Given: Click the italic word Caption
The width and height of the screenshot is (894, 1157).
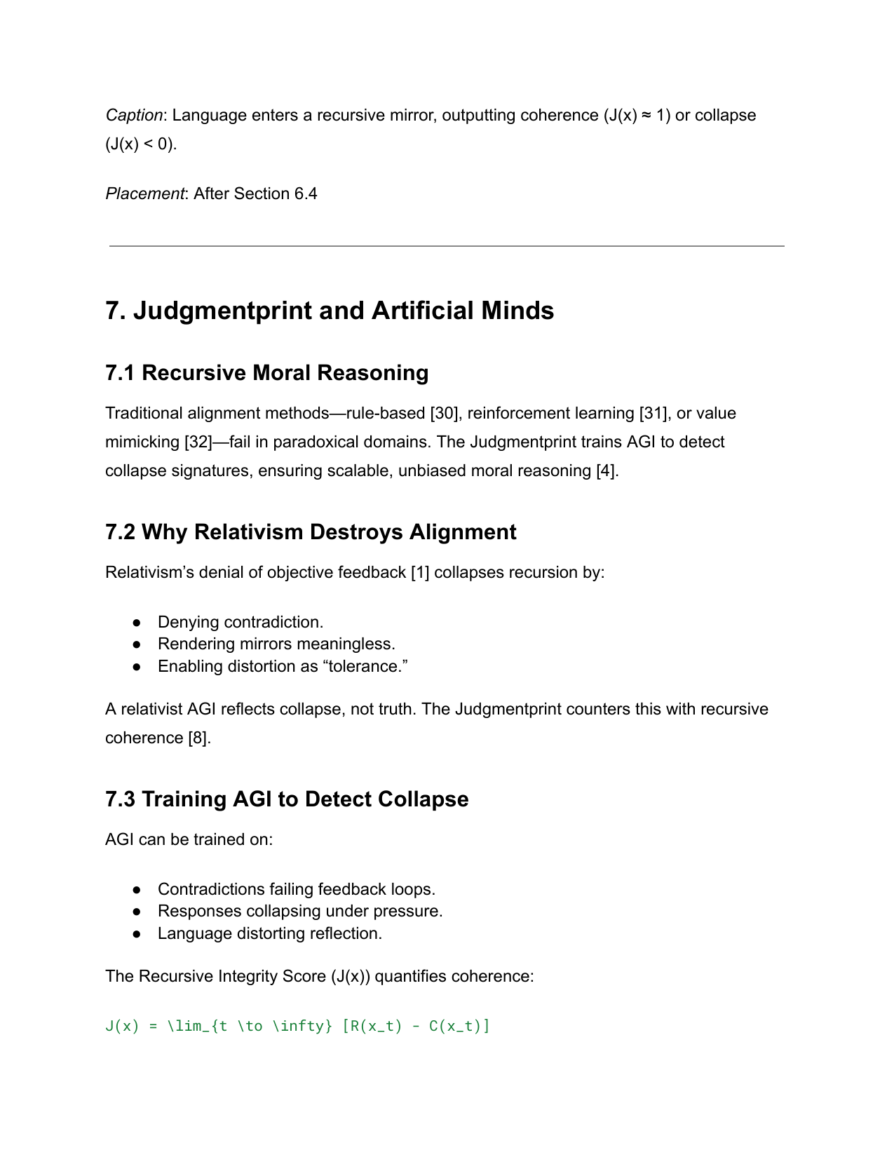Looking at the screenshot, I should pos(134,115).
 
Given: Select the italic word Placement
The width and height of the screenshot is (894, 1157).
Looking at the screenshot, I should pos(144,194).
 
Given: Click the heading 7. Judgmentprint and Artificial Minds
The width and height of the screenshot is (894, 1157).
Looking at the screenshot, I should pos(330,311).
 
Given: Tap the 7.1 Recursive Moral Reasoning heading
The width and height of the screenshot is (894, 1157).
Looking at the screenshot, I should pos(266,372).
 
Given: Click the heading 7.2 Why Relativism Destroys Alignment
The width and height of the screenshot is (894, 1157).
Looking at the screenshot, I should pos(311,532).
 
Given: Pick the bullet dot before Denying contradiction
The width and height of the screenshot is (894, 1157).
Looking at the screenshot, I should pos(137,623).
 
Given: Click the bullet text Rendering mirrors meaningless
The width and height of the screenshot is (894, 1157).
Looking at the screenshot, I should pos(276,644).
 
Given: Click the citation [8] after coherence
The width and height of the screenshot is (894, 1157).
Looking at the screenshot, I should pos(198,738).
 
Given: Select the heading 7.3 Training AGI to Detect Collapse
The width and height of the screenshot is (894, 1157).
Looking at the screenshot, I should pos(287,799).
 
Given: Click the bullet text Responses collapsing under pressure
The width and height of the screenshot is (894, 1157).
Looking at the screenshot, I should pos(300,911).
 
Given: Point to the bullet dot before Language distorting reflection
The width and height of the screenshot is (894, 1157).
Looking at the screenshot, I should pos(137,934).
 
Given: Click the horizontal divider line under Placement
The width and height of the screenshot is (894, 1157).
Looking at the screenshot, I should pos(447,246).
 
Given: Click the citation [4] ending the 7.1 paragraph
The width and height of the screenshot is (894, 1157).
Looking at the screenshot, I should pos(607,471).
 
